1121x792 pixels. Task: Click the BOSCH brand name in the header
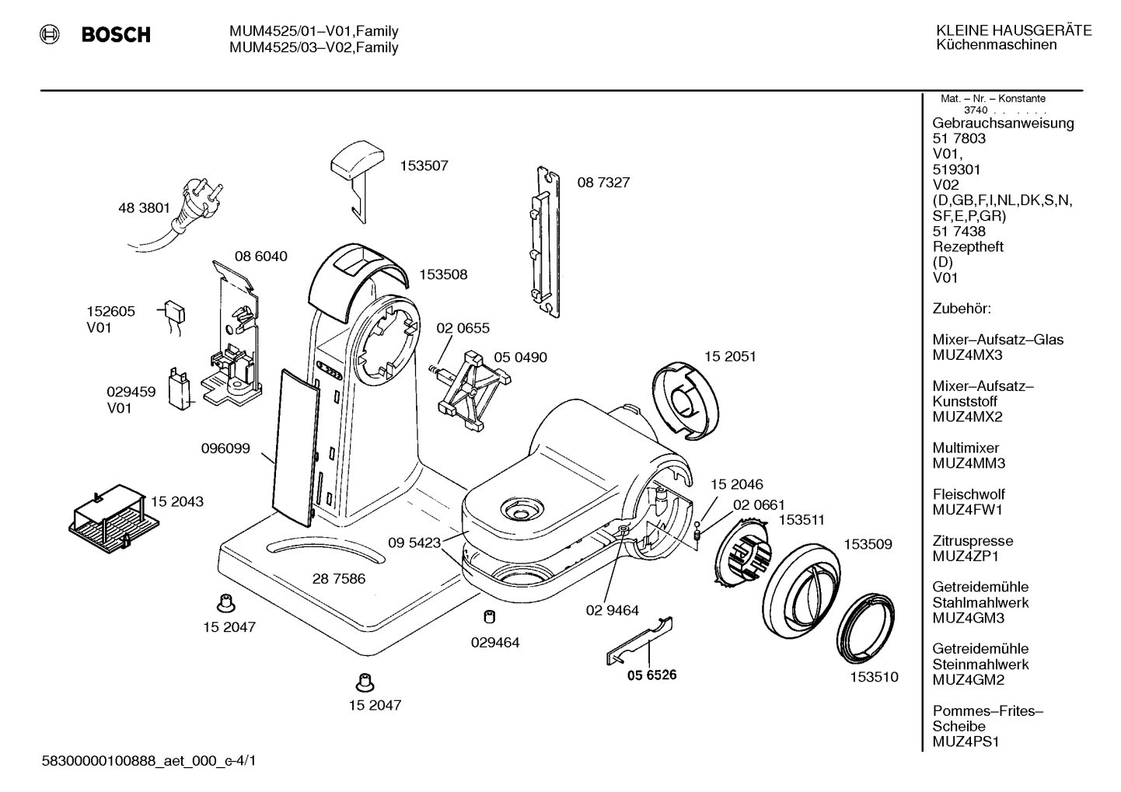click(x=116, y=34)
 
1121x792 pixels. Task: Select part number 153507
click(x=424, y=166)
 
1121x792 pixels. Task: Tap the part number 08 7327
click(x=603, y=182)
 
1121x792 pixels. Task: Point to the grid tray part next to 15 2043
click(x=113, y=518)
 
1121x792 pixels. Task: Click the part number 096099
click(x=225, y=448)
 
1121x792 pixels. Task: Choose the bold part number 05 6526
click(x=651, y=675)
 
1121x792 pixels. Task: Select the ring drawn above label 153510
click(x=865, y=628)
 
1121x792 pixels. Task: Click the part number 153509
click(x=868, y=544)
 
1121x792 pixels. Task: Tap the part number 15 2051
click(x=730, y=356)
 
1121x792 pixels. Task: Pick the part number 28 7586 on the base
click(x=339, y=578)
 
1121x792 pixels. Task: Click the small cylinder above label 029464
click(x=490, y=617)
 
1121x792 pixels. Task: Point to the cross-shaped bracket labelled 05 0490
click(x=470, y=390)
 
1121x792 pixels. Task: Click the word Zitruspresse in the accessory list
click(x=973, y=541)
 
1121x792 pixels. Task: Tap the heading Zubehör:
click(x=962, y=309)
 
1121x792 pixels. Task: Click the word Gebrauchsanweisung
click(x=1003, y=124)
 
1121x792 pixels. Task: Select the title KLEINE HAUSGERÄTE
click(x=1014, y=30)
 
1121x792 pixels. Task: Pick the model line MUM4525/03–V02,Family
click(x=314, y=47)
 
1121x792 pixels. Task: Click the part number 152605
click(x=110, y=311)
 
